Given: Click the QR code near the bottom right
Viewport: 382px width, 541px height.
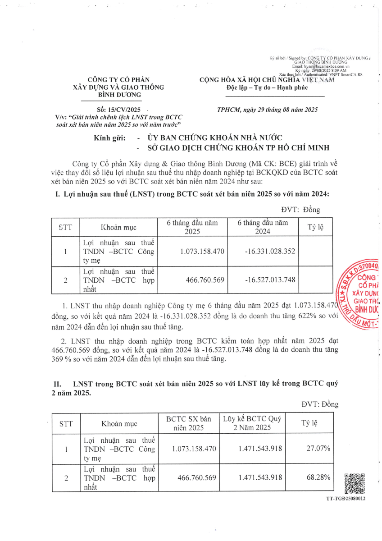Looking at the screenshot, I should point(355,484).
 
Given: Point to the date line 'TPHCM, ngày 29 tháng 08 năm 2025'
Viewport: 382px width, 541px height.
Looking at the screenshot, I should point(268,110).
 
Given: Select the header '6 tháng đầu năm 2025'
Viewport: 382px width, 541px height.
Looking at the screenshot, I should point(192,227).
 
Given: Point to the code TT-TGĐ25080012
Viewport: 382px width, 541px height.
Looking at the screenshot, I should point(346,499).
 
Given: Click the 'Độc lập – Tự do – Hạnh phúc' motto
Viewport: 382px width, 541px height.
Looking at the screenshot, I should point(267,87).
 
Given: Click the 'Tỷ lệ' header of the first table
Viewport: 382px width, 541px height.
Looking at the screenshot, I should point(316,226).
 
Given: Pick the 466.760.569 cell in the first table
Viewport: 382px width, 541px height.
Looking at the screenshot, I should point(205,280).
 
